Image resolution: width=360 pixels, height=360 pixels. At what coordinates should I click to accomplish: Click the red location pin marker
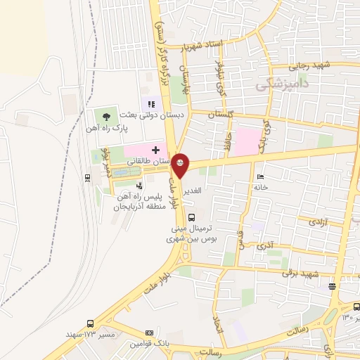click(x=181, y=165)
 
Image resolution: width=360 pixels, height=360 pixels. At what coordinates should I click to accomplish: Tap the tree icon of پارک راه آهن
click(x=106, y=116)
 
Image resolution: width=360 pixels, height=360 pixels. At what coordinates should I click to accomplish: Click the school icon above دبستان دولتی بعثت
click(x=150, y=105)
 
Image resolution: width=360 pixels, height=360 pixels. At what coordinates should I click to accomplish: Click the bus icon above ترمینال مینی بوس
click(x=192, y=217)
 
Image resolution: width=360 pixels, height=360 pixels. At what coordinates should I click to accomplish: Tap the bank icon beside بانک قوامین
click(x=148, y=333)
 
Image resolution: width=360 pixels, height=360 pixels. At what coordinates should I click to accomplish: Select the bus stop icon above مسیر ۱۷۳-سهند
click(x=89, y=324)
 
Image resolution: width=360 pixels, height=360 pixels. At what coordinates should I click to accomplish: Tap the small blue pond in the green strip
click(x=121, y=172)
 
